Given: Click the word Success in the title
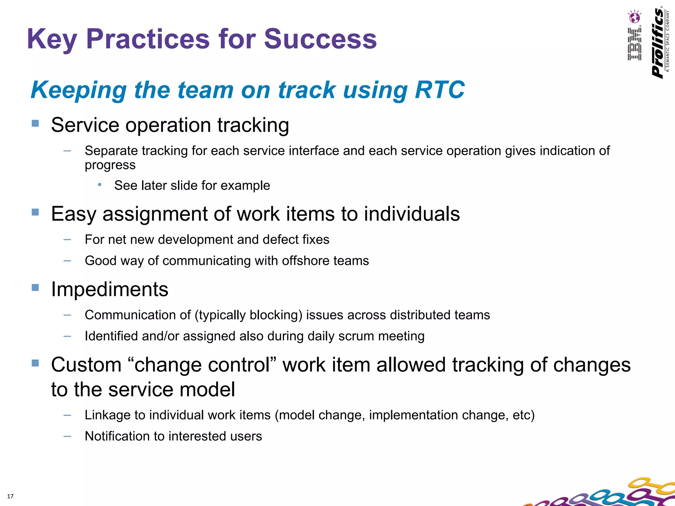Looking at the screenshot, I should (x=320, y=39).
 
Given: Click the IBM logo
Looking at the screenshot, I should (x=634, y=44).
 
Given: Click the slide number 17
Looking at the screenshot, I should (x=10, y=496).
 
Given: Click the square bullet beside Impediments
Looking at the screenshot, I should (x=35, y=288).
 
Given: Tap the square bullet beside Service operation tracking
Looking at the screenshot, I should (x=35, y=124).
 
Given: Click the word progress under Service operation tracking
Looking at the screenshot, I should (x=110, y=165).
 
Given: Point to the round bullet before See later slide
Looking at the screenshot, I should (x=100, y=185).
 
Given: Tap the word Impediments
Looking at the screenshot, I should (x=110, y=289).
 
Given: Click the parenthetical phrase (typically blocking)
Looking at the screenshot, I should (x=248, y=315).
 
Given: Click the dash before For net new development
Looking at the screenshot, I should (x=67, y=239).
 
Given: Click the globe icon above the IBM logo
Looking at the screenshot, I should (x=634, y=17).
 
